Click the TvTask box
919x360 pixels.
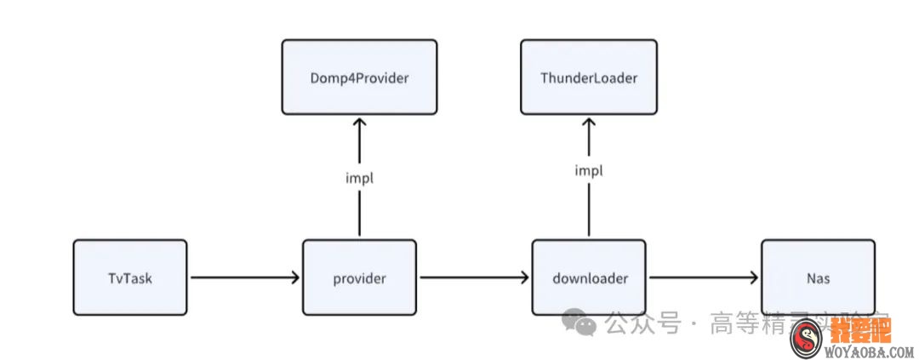pyautogui.click(x=130, y=277)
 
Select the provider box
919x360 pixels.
pyautogui.click(x=359, y=277)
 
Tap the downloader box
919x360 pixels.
pyautogui.click(x=589, y=277)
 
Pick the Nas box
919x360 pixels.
pyautogui.click(x=818, y=277)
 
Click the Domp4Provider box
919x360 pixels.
pyautogui.click(x=359, y=77)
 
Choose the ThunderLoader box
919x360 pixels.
pyautogui.click(x=589, y=77)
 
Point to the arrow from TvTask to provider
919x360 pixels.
pyautogui.click(x=245, y=277)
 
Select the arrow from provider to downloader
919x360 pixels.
pyautogui.click(x=474, y=277)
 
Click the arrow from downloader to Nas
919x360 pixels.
pyautogui.click(x=704, y=277)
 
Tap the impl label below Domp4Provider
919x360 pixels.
pyautogui.click(x=359, y=179)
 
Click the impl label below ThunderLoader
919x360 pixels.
pyautogui.click(x=589, y=170)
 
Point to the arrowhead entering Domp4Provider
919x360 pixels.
pyautogui.click(x=359, y=121)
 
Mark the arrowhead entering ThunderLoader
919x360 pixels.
pyautogui.click(x=589, y=121)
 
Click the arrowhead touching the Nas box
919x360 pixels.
pyautogui.click(x=754, y=277)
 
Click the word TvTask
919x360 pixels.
pyautogui.click(x=130, y=277)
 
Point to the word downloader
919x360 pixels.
pyautogui.click(x=589, y=277)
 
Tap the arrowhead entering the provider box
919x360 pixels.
pyautogui.click(x=295, y=277)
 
